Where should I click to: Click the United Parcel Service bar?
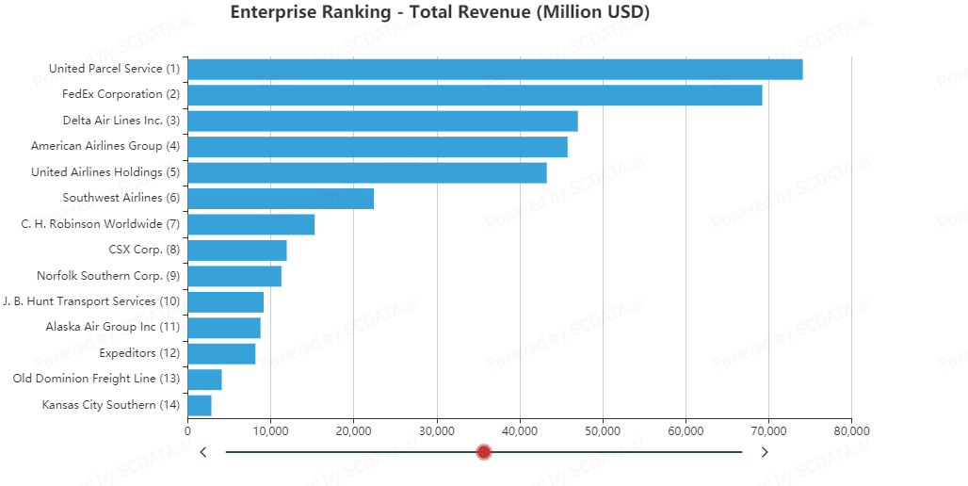(x=495, y=69)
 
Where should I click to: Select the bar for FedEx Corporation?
(x=475, y=95)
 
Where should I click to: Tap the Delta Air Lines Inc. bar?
(x=382, y=121)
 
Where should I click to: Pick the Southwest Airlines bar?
(x=281, y=199)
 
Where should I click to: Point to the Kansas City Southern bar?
(x=200, y=405)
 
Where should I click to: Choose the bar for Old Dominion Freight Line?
(x=204, y=380)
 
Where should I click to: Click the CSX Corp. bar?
(x=237, y=251)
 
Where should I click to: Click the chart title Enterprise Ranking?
(x=440, y=12)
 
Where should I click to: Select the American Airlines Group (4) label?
(x=105, y=146)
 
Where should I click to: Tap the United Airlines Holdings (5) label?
(x=105, y=172)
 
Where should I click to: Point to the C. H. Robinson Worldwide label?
(x=100, y=224)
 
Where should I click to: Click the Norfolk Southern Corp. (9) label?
(x=107, y=276)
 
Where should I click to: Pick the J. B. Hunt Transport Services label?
(x=90, y=301)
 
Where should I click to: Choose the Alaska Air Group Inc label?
(x=112, y=327)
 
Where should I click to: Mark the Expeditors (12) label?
(x=139, y=353)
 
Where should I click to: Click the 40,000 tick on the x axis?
(x=520, y=430)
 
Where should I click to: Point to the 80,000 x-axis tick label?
(x=851, y=430)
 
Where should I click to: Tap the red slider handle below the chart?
(x=484, y=452)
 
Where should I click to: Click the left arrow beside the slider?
(x=203, y=452)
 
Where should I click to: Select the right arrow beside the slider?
(x=765, y=452)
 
